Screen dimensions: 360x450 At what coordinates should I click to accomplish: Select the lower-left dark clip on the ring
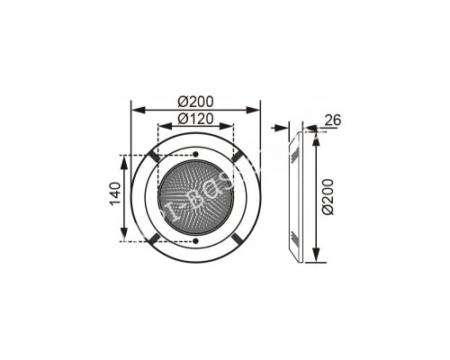[155, 238]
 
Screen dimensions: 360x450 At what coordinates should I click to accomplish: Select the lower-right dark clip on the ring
[237, 238]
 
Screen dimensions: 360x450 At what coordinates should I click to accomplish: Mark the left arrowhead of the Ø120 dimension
[161, 127]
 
